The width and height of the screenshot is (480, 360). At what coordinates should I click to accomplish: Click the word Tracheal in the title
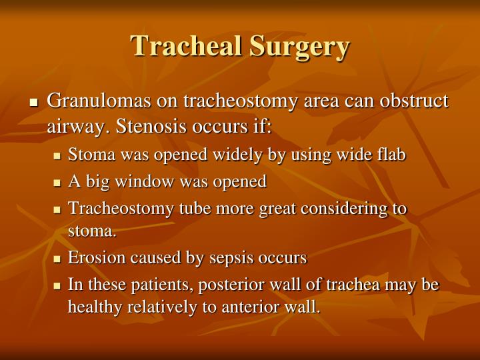(187, 46)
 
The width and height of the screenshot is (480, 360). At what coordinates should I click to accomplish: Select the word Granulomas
(101, 101)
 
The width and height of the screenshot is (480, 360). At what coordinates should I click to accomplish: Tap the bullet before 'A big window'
(57, 182)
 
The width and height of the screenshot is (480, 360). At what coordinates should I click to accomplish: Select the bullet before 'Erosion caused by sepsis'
(57, 258)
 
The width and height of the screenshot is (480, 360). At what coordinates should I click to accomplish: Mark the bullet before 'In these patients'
(57, 285)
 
